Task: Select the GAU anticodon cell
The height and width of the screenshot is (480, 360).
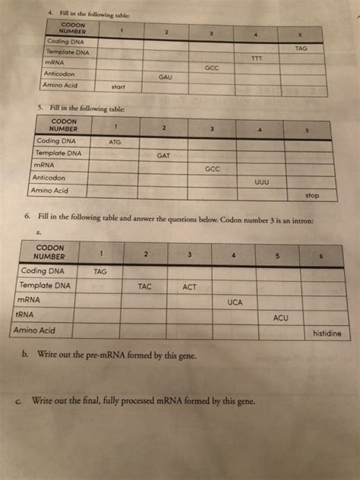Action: click(166, 77)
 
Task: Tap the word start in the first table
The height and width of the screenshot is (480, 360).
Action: click(118, 87)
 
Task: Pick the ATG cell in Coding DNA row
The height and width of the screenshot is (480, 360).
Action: click(115, 142)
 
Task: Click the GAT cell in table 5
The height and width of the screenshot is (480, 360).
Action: click(163, 156)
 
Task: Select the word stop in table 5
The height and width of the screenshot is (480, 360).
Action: click(311, 195)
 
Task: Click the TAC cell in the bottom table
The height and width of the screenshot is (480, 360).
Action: click(147, 287)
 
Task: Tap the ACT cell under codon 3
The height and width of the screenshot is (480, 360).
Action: click(191, 287)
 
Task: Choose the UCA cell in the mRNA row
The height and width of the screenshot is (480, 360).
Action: click(235, 302)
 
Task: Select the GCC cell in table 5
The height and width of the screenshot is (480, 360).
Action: click(213, 169)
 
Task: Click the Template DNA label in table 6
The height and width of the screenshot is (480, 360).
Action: click(46, 286)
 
